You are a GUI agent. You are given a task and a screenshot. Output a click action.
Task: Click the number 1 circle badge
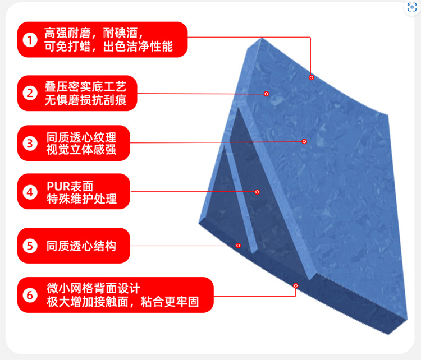point(30,40)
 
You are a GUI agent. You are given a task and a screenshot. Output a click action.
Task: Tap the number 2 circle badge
point(30,93)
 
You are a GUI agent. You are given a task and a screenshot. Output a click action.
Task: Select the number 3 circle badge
point(30,143)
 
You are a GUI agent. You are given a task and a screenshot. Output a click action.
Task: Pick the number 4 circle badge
point(30,192)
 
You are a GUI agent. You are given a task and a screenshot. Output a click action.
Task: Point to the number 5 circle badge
point(30,246)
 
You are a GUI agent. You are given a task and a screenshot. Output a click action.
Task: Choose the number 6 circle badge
point(30,295)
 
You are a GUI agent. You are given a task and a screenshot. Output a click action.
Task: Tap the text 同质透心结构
point(81,246)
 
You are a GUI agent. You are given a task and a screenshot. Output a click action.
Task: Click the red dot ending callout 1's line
point(311,77)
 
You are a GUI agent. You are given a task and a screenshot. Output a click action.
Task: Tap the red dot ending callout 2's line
point(267,94)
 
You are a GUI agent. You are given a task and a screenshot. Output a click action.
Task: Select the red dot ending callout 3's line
point(304,141)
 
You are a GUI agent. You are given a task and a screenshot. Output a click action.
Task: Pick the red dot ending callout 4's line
point(257,192)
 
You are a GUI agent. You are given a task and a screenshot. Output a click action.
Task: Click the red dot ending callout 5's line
point(238,246)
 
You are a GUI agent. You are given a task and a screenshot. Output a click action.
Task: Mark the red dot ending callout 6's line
point(295,285)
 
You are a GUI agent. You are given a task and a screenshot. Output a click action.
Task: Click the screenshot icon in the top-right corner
point(412,7)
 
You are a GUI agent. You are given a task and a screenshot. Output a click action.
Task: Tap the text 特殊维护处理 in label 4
point(81,199)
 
